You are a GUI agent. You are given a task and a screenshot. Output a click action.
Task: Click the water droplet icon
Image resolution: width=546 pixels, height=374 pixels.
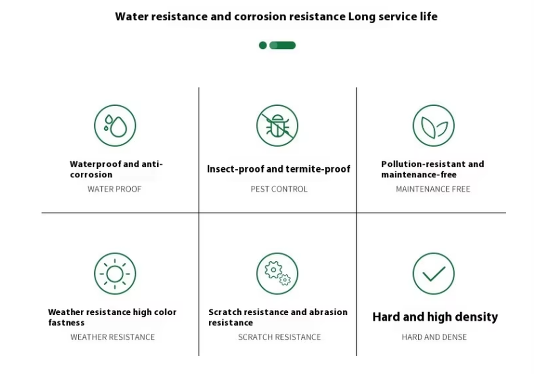(x=115, y=126)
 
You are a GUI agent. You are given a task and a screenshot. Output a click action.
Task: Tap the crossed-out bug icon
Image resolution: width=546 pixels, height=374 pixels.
(x=277, y=126)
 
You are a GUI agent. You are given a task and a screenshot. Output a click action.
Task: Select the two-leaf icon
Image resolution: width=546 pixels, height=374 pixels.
(x=433, y=126)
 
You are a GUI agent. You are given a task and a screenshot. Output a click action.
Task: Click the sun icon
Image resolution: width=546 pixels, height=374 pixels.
(x=115, y=274)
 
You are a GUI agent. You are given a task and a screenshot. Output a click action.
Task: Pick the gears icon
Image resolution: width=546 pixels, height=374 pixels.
(x=277, y=274)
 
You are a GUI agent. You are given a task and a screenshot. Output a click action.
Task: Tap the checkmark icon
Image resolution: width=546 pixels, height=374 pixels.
(x=433, y=274)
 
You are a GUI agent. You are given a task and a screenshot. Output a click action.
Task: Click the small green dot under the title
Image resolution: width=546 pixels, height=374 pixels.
(x=263, y=45)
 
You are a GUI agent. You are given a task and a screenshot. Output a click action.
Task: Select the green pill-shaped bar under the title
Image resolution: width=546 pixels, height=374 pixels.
(x=283, y=45)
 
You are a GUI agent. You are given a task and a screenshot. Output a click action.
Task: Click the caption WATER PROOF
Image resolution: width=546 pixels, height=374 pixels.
(x=114, y=189)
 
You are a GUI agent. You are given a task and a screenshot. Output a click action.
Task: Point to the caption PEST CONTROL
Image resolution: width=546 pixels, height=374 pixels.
(x=279, y=189)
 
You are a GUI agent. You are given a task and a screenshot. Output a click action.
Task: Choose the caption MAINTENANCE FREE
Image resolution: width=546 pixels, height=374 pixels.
(x=433, y=189)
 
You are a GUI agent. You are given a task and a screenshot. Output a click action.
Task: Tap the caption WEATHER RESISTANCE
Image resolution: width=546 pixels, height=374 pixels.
(x=113, y=337)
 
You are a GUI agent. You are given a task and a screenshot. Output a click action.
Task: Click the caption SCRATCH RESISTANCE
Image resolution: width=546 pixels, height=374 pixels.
(x=279, y=337)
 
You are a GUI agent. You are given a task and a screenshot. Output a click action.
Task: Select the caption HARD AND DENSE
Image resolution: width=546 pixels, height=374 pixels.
(x=434, y=337)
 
